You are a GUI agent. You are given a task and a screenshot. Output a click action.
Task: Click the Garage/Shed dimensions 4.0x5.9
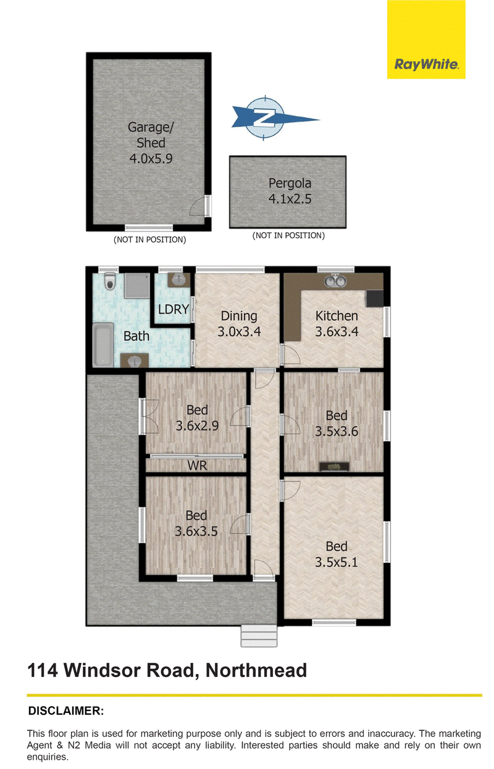(x=151, y=159)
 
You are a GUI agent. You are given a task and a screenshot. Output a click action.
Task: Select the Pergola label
(x=290, y=183)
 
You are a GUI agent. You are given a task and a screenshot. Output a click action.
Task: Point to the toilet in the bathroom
(x=109, y=281)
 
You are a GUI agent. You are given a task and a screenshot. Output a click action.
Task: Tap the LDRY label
(x=174, y=309)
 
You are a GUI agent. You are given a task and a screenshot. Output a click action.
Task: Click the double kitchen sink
(x=334, y=281)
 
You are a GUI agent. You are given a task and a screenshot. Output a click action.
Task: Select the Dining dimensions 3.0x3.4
(x=239, y=331)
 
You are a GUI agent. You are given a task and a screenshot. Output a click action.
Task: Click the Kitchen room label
(x=337, y=316)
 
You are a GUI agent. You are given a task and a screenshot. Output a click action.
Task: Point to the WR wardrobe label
(x=197, y=466)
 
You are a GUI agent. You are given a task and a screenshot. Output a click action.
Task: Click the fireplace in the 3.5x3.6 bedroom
(x=334, y=467)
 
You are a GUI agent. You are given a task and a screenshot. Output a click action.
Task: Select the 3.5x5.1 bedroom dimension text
(x=337, y=562)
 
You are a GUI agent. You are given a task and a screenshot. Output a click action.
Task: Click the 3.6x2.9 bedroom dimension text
(x=197, y=426)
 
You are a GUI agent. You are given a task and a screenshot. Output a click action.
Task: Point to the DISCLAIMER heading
(x=66, y=710)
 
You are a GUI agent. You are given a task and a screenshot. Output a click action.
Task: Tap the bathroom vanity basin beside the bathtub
(x=135, y=360)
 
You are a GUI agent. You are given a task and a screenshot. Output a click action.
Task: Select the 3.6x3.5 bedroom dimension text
(x=196, y=532)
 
